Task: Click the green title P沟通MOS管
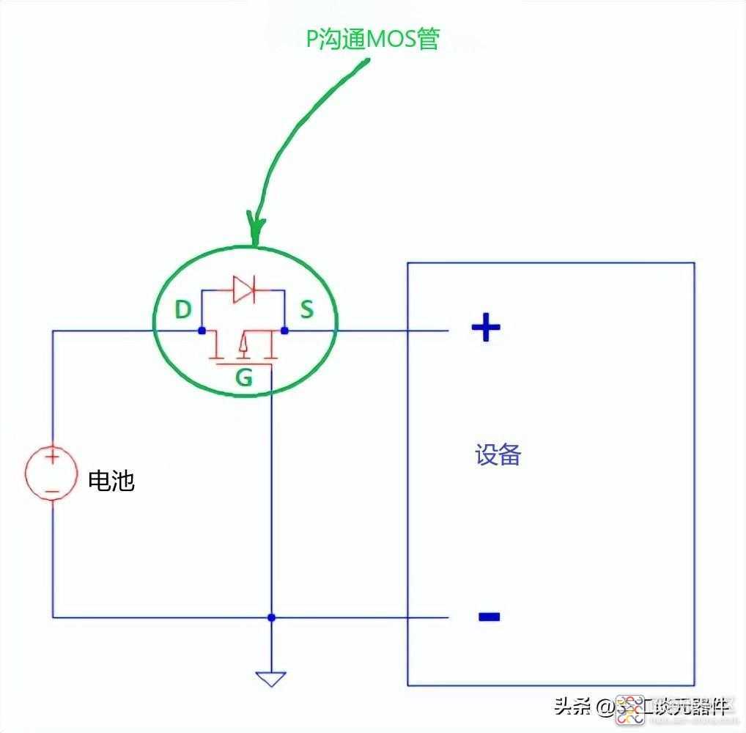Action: coord(372,39)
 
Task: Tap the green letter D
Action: coord(182,310)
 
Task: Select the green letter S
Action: coord(306,309)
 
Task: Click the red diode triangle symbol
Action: coord(242,290)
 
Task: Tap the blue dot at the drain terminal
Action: coord(202,331)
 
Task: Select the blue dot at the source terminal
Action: coord(284,331)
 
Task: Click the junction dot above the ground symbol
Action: coord(271,617)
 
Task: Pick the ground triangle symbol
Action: coord(271,679)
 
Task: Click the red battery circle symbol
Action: coord(52,474)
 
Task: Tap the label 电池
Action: coord(111,481)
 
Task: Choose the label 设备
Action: coord(498,455)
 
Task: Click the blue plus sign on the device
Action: coord(485,328)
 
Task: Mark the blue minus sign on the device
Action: coord(489,616)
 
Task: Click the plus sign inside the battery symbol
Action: coord(52,457)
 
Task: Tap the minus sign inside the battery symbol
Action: coord(51,491)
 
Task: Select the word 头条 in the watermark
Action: coord(572,707)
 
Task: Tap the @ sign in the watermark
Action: coord(605,707)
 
